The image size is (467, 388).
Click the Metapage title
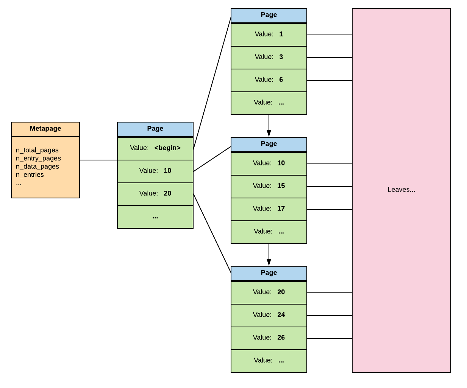pos(45,129)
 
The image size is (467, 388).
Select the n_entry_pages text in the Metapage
pos(38,158)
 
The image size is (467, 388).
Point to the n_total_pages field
pos(37,150)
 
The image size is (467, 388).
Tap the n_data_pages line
pos(37,167)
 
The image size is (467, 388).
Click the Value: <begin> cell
pos(155,148)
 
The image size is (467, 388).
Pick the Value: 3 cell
pos(269,57)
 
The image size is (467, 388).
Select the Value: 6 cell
pos(269,80)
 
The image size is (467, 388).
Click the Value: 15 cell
pos(269,186)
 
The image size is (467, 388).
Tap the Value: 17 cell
pos(269,209)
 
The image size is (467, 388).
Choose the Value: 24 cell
pos(269,315)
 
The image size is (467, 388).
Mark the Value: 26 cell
pos(269,338)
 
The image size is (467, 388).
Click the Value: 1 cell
pos(269,35)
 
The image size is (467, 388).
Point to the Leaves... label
pos(401,190)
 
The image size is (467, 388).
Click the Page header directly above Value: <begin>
pos(155,129)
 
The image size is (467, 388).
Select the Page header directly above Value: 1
pos(269,15)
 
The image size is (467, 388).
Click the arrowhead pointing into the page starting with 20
pos(269,262)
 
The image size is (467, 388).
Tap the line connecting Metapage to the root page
pos(98,160)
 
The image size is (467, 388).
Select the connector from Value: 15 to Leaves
pos(330,187)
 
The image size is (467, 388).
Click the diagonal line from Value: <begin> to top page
pos(212,83)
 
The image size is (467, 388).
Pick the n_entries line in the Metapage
pos(30,175)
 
